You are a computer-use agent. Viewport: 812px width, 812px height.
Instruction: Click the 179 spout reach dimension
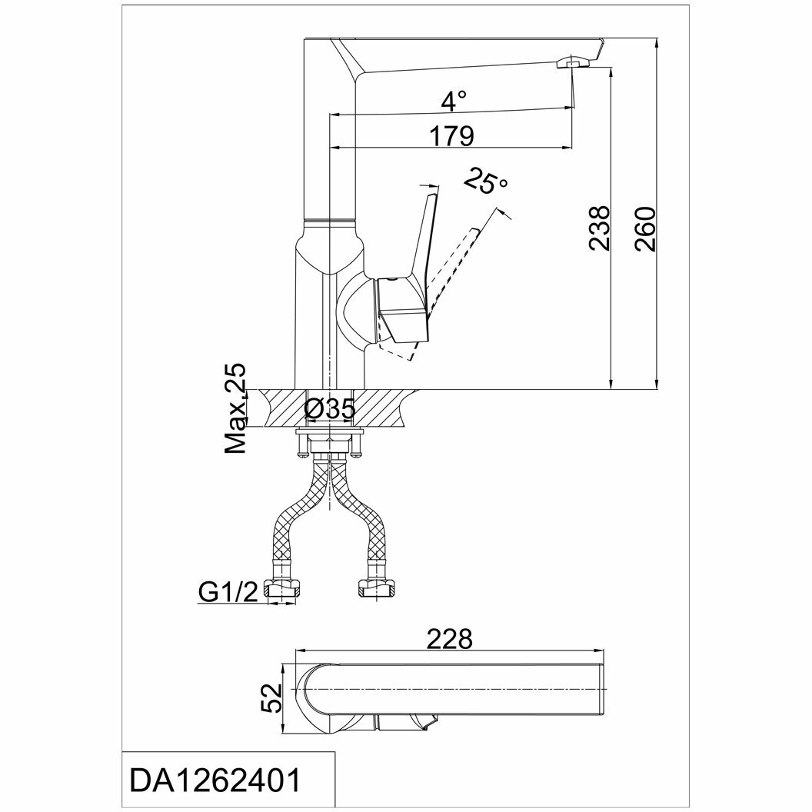[451, 136]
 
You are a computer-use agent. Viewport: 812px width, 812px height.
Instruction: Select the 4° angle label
[454, 101]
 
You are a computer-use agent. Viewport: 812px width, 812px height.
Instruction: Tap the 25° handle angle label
[487, 183]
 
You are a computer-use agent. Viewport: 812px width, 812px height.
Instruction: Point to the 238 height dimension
[600, 228]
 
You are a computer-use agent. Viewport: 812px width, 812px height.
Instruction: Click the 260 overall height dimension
[646, 228]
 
